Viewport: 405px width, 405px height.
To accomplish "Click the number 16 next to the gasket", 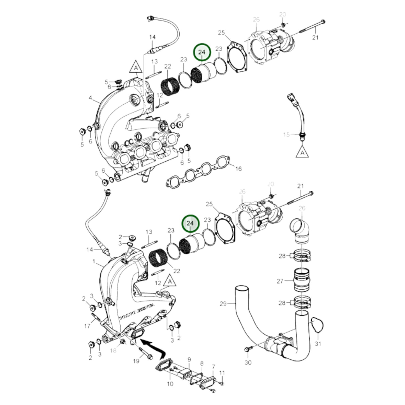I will tap(238, 169).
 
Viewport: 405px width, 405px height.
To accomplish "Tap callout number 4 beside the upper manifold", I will tap(90, 98).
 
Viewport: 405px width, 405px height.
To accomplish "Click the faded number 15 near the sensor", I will tap(286, 135).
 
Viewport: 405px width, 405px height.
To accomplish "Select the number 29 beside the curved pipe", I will tap(223, 303).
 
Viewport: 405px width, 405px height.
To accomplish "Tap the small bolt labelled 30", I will tap(247, 350).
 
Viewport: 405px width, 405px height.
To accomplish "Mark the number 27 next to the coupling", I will tap(280, 281).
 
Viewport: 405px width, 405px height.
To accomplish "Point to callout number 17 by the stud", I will tap(87, 326).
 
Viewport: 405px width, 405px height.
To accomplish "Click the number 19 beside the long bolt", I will tap(136, 361).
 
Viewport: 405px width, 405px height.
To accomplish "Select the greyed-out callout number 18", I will tap(113, 350).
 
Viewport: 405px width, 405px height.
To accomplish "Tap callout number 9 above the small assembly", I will tap(189, 359).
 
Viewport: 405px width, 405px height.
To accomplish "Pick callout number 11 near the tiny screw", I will tap(222, 373).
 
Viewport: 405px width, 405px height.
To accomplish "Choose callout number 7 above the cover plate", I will tap(213, 367).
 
